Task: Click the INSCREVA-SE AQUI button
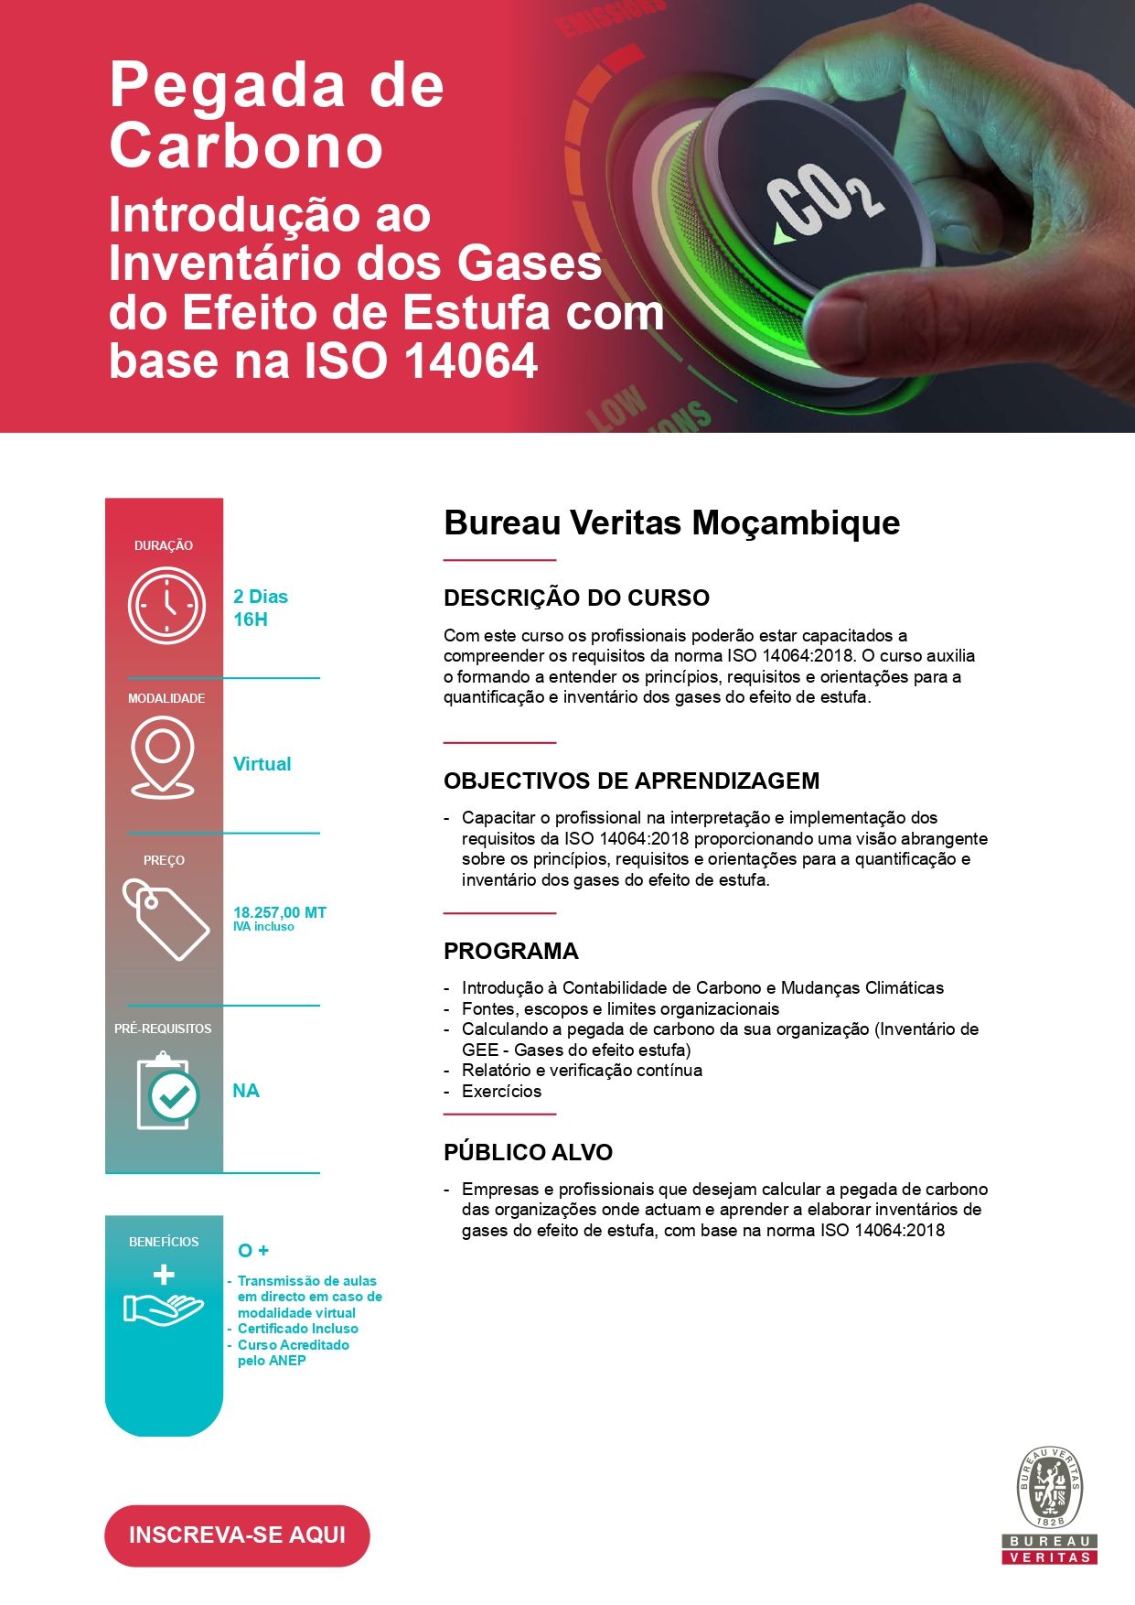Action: (x=237, y=1535)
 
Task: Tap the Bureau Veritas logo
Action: (x=1050, y=1504)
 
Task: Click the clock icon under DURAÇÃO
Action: (x=166, y=605)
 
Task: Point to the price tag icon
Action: (x=166, y=919)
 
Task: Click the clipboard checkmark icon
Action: (x=166, y=1092)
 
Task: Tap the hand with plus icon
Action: (x=164, y=1298)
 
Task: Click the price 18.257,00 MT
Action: (x=279, y=912)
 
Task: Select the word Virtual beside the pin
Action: (x=262, y=764)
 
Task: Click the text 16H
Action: (x=250, y=619)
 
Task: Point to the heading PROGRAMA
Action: (x=510, y=951)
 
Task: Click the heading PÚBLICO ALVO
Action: (x=528, y=1152)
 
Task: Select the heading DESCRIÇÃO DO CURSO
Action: (x=576, y=598)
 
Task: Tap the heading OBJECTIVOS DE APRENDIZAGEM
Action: (x=631, y=781)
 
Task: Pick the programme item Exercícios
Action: (x=501, y=1091)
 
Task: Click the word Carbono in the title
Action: (x=245, y=146)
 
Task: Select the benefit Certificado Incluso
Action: (x=297, y=1329)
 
